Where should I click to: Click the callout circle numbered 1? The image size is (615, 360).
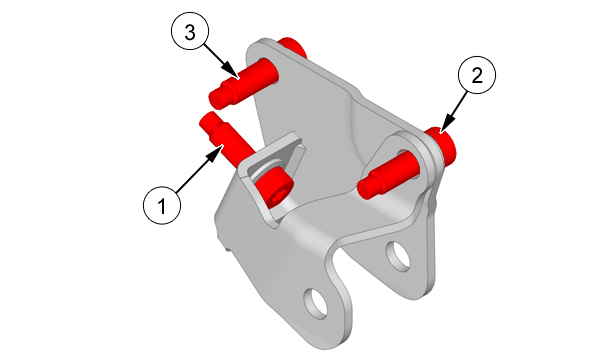click(x=162, y=205)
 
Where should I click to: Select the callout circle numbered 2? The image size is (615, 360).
click(x=477, y=75)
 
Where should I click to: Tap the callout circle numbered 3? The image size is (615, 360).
click(x=190, y=31)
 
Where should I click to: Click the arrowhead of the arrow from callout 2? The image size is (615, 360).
click(x=446, y=125)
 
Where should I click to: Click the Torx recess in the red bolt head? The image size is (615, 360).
click(x=276, y=197)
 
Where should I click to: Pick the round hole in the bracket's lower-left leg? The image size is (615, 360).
click(x=316, y=304)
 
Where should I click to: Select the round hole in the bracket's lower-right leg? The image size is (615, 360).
click(x=398, y=256)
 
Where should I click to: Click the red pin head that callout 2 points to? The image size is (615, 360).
click(x=443, y=144)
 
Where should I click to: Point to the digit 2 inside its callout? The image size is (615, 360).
click(x=477, y=75)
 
